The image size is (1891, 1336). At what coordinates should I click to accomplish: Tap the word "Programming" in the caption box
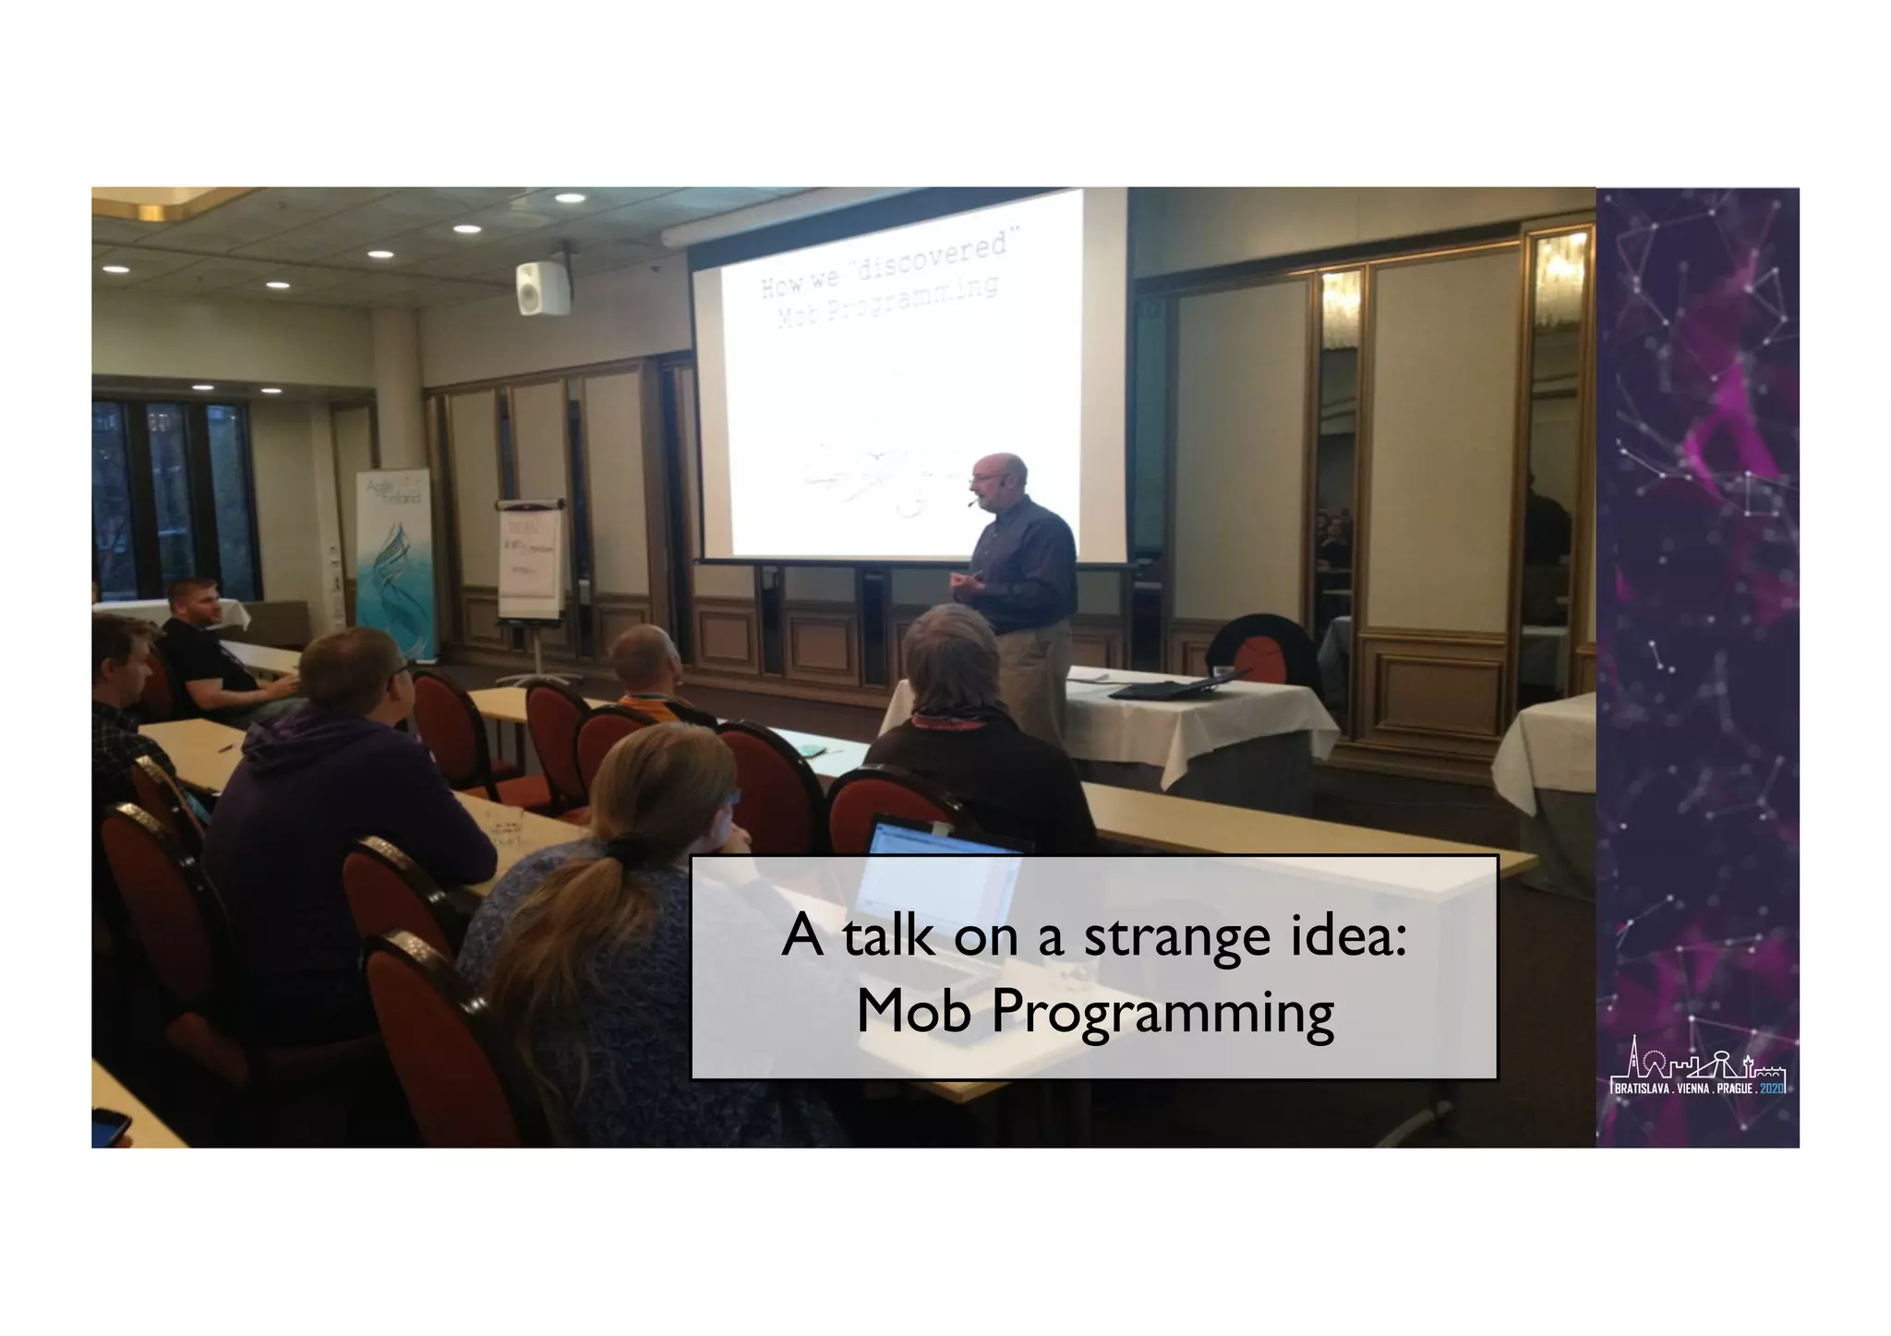point(1162,1014)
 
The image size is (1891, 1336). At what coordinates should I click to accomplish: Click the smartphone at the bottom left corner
point(109,1127)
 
